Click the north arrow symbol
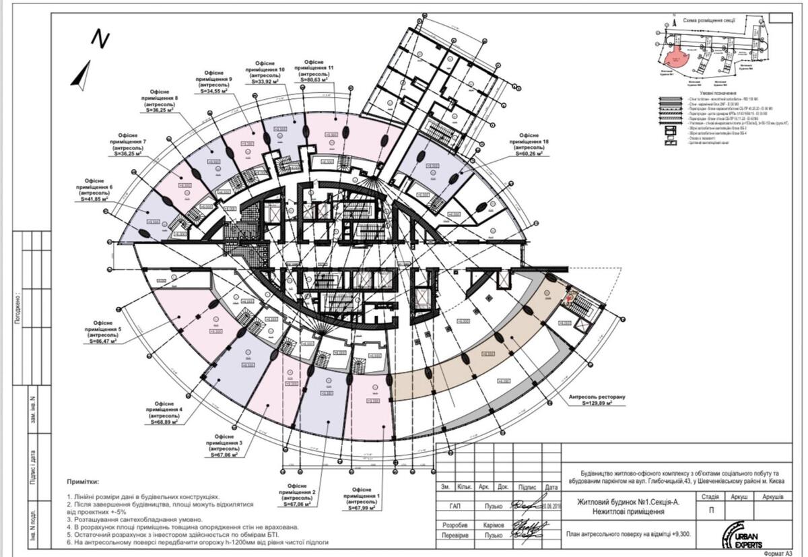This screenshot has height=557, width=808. point(81,74)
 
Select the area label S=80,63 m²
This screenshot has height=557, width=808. point(315,80)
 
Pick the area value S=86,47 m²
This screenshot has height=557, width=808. point(102,341)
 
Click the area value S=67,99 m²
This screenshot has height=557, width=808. point(364,509)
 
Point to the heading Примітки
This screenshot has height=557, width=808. point(83,482)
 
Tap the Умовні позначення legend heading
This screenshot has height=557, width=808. point(713,93)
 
